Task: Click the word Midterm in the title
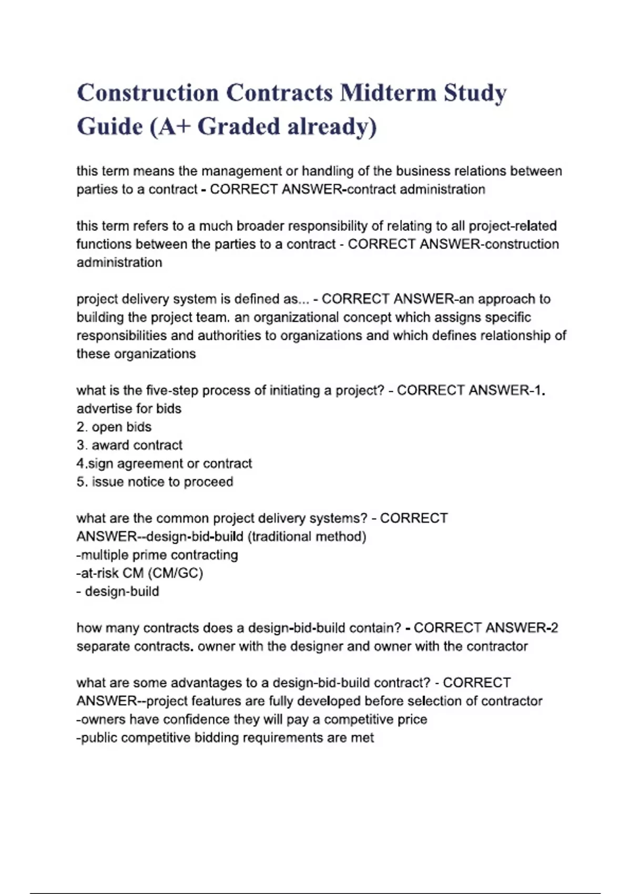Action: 388,93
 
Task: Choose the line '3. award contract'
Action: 129,445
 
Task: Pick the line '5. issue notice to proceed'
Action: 155,482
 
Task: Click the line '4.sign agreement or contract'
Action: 164,464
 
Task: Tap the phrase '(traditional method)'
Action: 307,537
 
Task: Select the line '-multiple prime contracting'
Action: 157,555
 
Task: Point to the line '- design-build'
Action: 118,592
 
